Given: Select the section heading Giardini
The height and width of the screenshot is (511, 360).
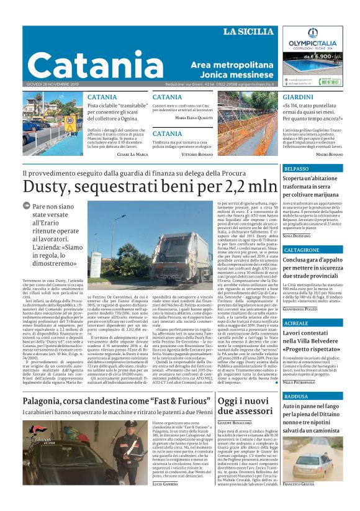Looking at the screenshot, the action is click(x=297, y=97).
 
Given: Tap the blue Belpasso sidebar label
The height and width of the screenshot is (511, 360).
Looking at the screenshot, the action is click(x=297, y=169).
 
